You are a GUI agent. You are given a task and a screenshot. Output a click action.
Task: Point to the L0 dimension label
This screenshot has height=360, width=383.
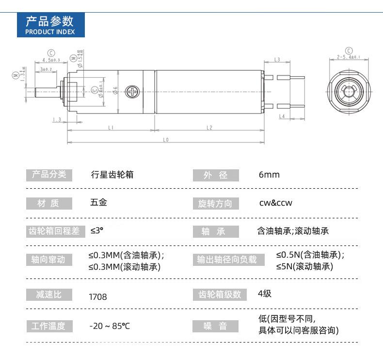pos(165,140)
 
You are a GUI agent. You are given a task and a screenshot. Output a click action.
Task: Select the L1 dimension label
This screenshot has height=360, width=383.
pos(111,128)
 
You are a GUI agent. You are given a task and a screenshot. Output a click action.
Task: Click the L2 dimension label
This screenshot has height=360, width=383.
pos(209,128)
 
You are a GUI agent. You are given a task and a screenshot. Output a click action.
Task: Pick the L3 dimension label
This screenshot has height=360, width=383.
pos(277,60)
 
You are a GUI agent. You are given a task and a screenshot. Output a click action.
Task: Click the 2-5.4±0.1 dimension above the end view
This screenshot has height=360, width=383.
pos(348,57)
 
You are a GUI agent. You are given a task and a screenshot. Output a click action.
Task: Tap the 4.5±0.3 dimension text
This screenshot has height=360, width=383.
pos(51,60)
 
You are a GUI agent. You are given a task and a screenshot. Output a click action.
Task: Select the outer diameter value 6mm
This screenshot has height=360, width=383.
pos(269,175)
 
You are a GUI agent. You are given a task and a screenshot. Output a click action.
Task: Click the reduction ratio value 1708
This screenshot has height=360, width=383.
pos(98,296)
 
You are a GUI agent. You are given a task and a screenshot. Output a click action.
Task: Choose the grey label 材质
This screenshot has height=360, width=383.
pos(48,204)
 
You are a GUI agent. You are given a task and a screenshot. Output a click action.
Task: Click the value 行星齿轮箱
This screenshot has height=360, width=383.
pos(112,175)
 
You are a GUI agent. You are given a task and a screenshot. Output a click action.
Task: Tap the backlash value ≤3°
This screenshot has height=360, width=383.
pos(97,231)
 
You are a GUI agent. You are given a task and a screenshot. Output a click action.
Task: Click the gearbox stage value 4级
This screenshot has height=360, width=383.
pos(265,294)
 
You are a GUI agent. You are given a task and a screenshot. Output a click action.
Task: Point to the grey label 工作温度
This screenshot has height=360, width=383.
pos(48,326)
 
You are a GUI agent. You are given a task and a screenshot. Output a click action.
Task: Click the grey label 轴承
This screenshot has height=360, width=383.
pos(216,232)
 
